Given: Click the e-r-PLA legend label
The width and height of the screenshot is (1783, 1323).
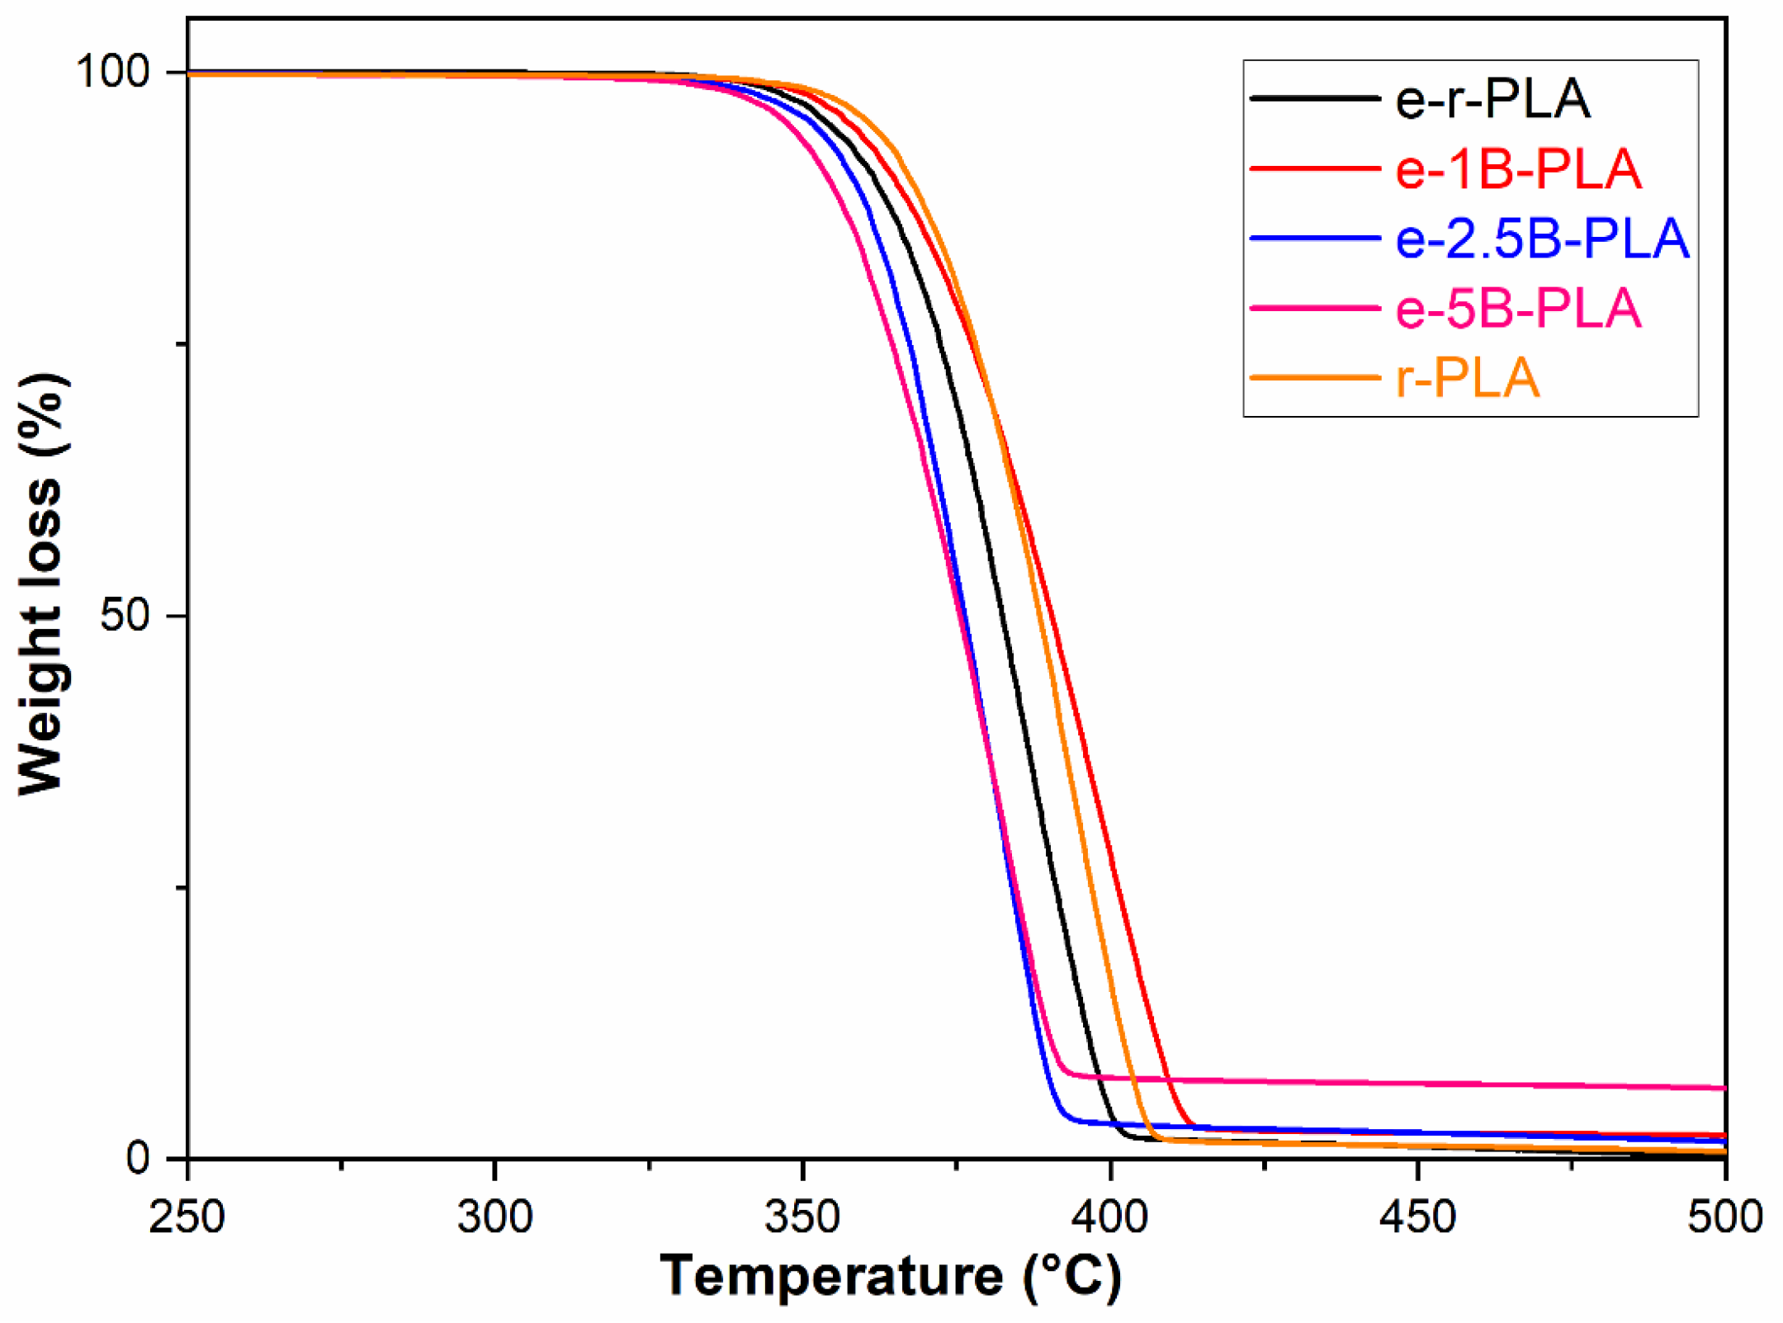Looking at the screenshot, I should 1492,99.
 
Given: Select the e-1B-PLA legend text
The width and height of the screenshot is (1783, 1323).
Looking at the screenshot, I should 1518,169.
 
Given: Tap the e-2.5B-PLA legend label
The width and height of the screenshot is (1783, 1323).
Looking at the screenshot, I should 1542,239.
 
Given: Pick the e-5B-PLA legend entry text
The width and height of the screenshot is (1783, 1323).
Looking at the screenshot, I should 1518,309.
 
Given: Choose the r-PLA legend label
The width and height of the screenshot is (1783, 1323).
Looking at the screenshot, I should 1467,379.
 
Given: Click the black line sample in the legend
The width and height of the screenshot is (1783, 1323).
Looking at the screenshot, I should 1315,98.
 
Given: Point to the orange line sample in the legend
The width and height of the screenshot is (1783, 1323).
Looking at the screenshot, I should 1315,378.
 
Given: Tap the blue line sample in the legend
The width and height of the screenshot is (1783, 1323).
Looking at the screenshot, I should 1315,238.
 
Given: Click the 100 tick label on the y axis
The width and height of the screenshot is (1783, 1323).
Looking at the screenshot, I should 113,72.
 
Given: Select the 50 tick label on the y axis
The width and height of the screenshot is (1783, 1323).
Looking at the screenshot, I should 125,615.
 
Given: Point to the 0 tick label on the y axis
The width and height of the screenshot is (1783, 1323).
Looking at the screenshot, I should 138,1158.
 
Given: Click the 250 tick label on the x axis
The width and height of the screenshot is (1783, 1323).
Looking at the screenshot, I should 187,1217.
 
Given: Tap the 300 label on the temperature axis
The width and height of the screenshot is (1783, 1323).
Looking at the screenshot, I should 495,1217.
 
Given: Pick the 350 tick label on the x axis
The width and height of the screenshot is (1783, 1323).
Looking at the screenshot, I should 802,1217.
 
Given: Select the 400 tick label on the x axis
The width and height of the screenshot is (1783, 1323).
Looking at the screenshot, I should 1111,1217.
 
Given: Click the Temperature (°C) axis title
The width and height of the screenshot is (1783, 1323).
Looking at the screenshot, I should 891,1276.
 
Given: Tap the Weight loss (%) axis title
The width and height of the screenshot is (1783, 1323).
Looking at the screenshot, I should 40,584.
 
